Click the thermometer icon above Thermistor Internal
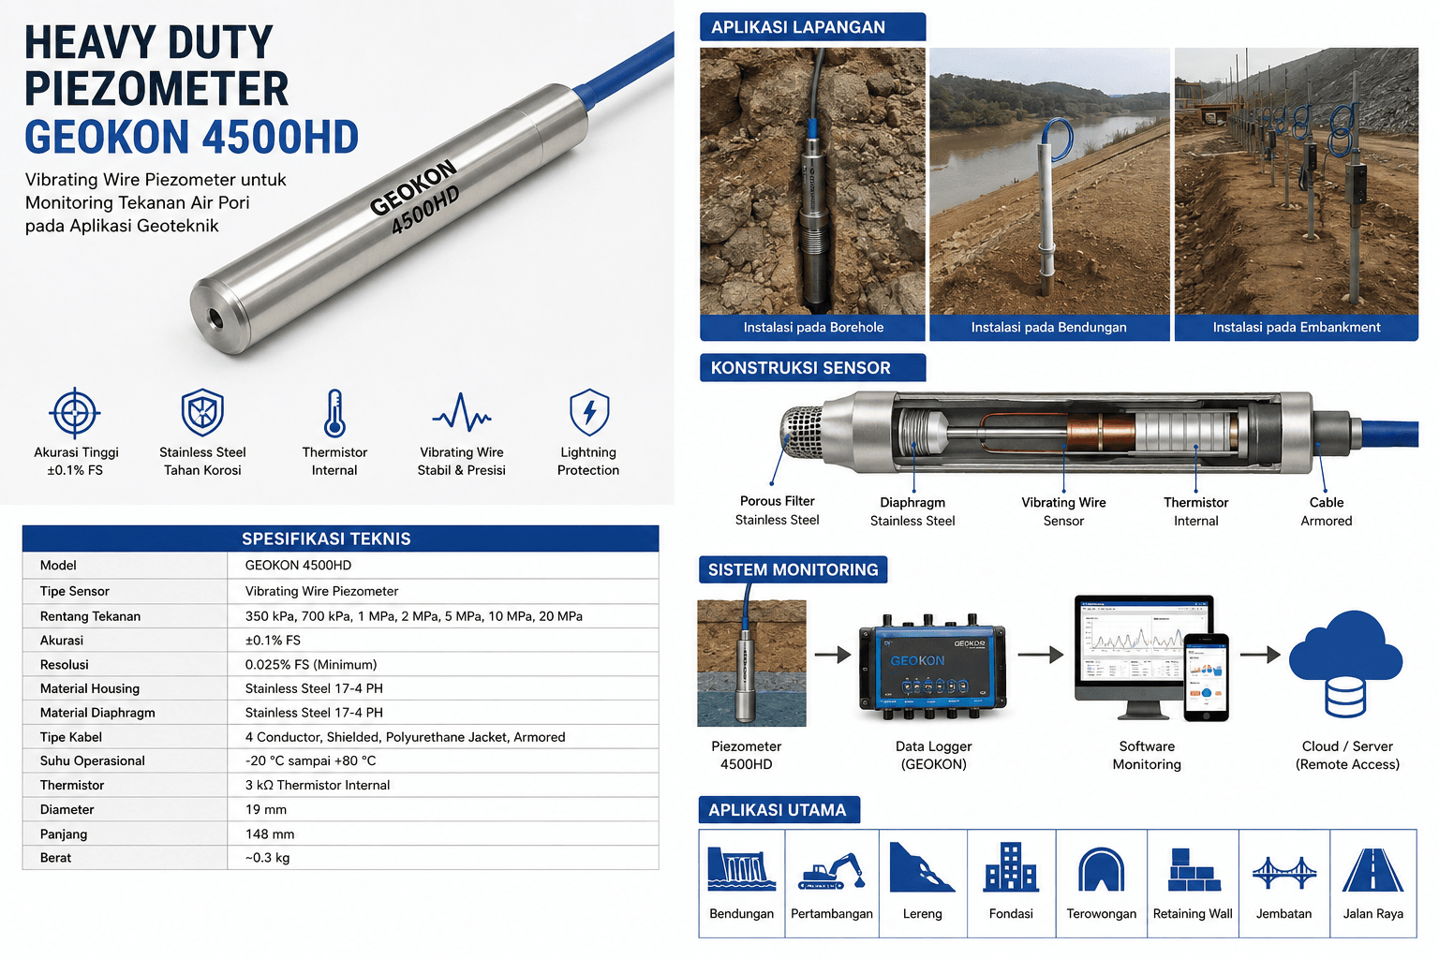click(334, 413)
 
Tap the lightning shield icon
click(589, 412)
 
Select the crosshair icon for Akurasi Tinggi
click(75, 412)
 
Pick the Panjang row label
click(64, 834)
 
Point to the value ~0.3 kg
click(267, 858)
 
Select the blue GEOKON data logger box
click(933, 668)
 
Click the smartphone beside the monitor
click(1207, 678)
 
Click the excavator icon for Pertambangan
click(831, 871)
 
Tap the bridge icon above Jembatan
click(1284, 872)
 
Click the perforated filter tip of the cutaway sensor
click(801, 433)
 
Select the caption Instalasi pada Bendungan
click(1048, 327)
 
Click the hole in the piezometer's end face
click(213, 317)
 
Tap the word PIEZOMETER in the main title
click(156, 89)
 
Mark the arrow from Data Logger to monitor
click(1040, 655)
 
